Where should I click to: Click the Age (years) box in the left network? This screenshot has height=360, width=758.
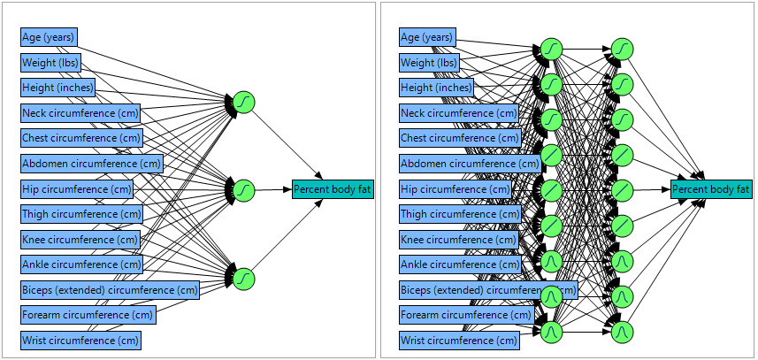point(49,37)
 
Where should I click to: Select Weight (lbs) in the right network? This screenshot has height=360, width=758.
point(429,63)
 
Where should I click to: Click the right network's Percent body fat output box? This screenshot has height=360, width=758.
point(711,189)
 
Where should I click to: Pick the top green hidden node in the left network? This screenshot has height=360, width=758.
point(244,102)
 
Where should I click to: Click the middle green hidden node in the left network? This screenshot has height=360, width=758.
point(244,189)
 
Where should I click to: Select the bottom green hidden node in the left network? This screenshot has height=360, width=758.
point(244,278)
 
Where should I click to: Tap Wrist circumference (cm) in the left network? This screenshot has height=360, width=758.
point(80,341)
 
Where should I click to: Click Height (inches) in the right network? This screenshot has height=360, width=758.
point(436,88)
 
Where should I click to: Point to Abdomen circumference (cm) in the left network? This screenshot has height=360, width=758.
point(92,164)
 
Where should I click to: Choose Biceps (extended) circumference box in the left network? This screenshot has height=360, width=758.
point(111,290)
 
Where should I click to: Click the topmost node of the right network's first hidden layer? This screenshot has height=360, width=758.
point(551,48)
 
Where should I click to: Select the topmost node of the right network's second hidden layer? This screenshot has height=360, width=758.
point(623,48)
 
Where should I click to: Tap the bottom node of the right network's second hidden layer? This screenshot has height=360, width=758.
point(623,332)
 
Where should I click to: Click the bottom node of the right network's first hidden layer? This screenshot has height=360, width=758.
point(551,332)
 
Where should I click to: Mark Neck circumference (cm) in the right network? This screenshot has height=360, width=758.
point(459,113)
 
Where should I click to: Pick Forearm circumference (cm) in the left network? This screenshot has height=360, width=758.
point(88,315)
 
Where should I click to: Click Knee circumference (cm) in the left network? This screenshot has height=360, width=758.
point(80,240)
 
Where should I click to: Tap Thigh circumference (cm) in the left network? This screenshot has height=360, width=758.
point(82,214)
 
